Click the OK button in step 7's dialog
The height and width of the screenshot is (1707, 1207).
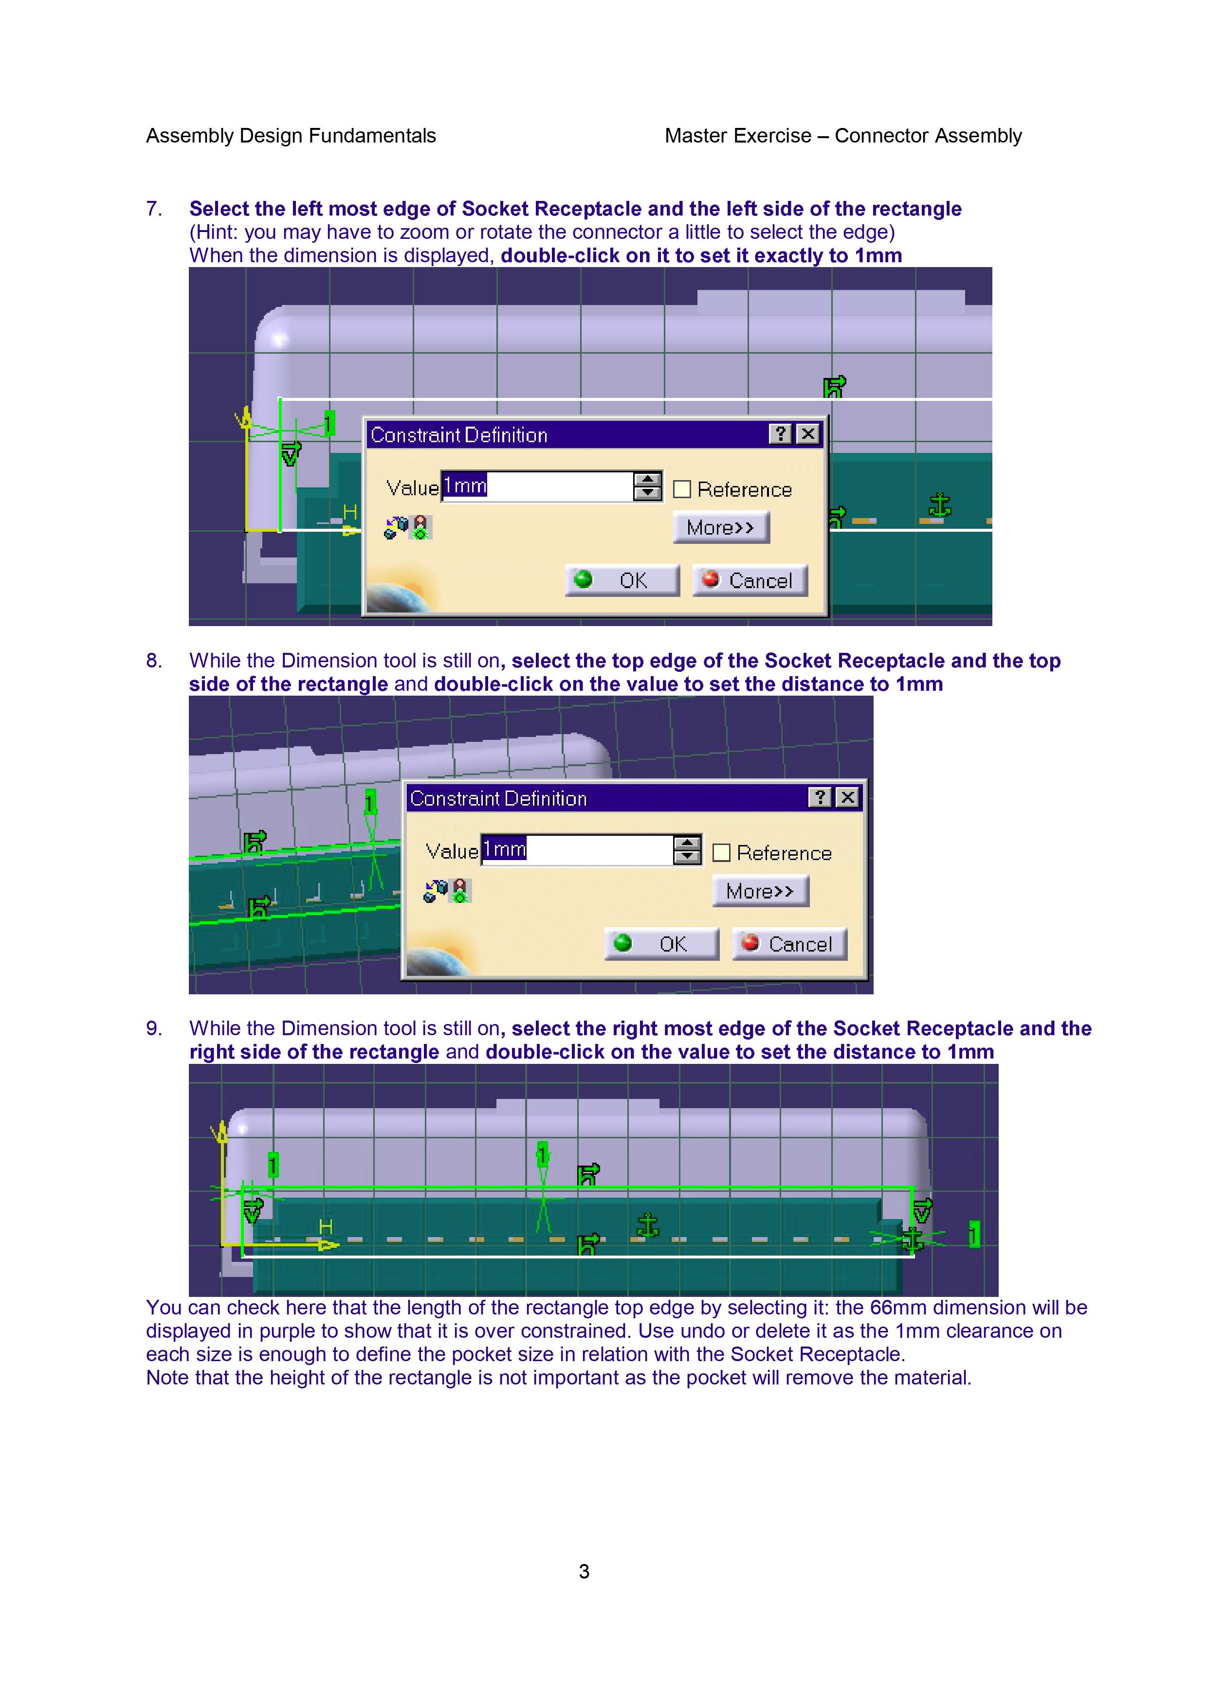coord(622,580)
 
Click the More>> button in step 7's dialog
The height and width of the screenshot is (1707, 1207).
coord(721,527)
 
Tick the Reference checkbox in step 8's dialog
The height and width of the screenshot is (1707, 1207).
coord(721,853)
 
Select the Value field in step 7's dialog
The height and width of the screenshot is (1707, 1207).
coord(537,486)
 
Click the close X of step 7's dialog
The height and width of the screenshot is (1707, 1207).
coord(807,434)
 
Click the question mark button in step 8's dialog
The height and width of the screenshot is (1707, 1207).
coord(819,798)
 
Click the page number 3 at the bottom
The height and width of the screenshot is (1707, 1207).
coord(584,1571)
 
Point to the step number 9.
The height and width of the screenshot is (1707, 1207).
coord(153,1028)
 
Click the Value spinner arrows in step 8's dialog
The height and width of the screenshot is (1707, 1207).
coord(687,850)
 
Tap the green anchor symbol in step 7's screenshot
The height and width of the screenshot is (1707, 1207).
coord(941,505)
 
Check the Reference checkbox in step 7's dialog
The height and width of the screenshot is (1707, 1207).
coord(681,489)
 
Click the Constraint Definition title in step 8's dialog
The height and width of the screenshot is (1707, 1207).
coord(498,798)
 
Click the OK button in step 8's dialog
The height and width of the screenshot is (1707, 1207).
coord(662,943)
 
